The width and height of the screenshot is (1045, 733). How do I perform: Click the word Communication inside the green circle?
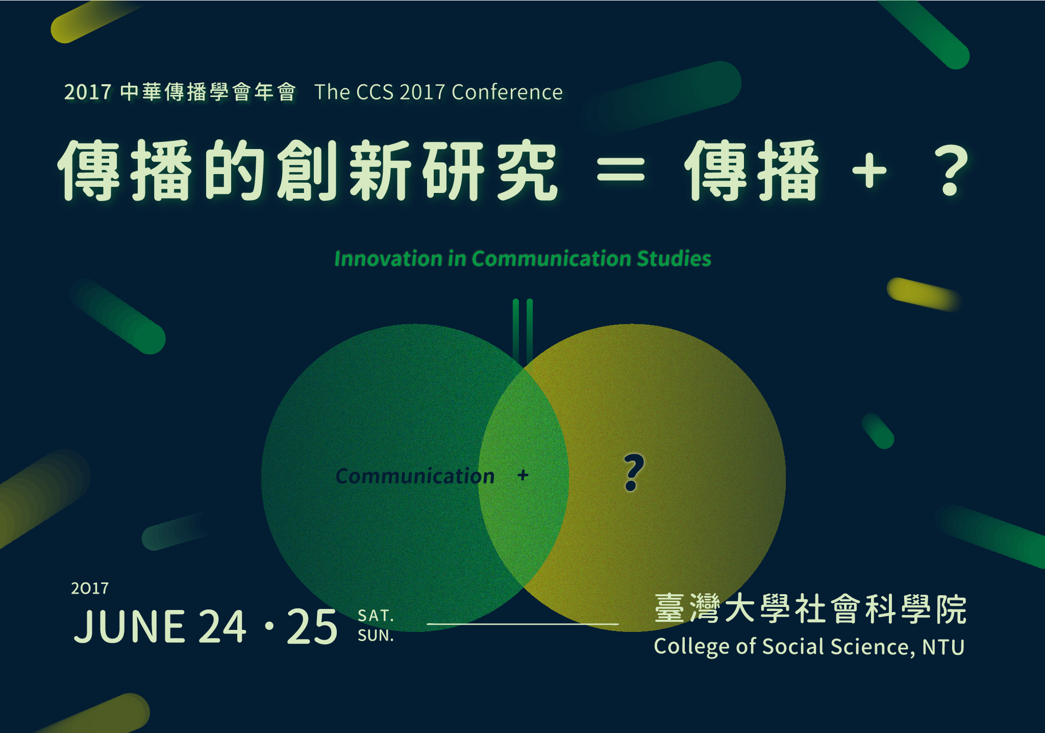click(x=415, y=476)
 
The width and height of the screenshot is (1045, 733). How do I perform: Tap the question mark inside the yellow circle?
click(x=634, y=472)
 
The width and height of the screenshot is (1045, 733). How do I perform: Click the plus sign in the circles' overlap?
click(x=522, y=475)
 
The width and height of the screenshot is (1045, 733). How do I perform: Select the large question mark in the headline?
click(x=952, y=170)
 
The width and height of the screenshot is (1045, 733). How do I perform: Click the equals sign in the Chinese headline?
click(x=621, y=170)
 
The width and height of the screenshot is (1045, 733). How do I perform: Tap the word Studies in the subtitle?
click(x=674, y=259)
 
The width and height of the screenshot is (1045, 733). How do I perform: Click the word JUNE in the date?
click(x=129, y=626)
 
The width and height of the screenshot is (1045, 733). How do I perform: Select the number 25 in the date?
click(x=312, y=626)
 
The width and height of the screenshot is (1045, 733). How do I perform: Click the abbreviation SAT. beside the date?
click(x=376, y=616)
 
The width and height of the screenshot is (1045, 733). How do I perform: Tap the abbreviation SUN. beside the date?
click(x=376, y=636)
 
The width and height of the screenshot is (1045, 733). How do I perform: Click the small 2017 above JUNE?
click(x=90, y=589)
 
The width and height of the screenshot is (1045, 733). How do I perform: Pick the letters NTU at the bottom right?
click(x=943, y=647)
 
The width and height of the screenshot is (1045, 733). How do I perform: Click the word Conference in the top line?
click(x=507, y=92)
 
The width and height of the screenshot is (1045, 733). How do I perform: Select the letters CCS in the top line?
click(x=375, y=92)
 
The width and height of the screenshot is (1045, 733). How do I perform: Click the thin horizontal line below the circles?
click(x=522, y=624)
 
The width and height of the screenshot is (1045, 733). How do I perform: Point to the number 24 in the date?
click(x=222, y=626)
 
